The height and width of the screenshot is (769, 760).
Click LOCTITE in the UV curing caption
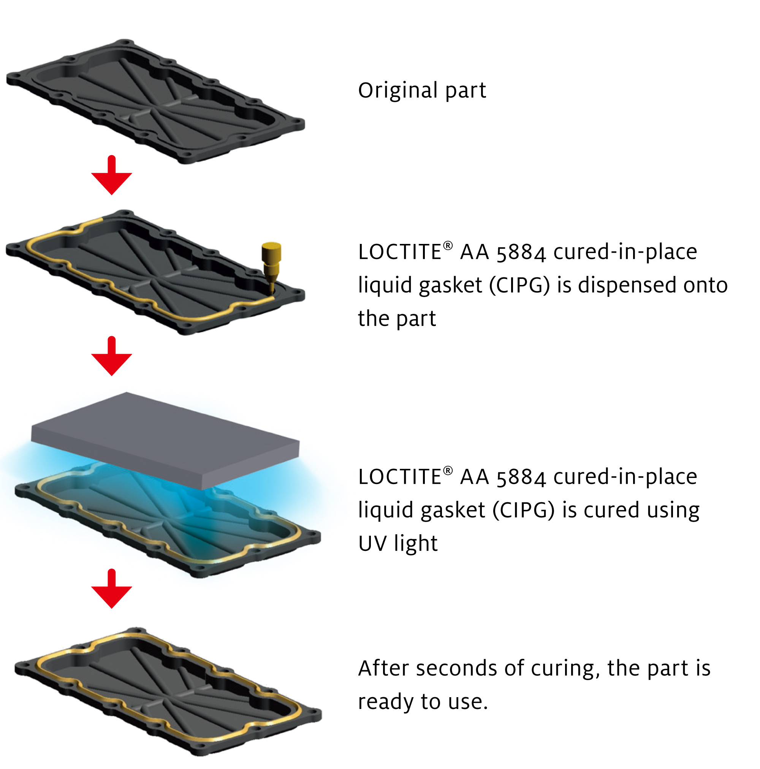click(399, 477)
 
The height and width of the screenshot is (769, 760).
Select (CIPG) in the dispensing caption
click(519, 285)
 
